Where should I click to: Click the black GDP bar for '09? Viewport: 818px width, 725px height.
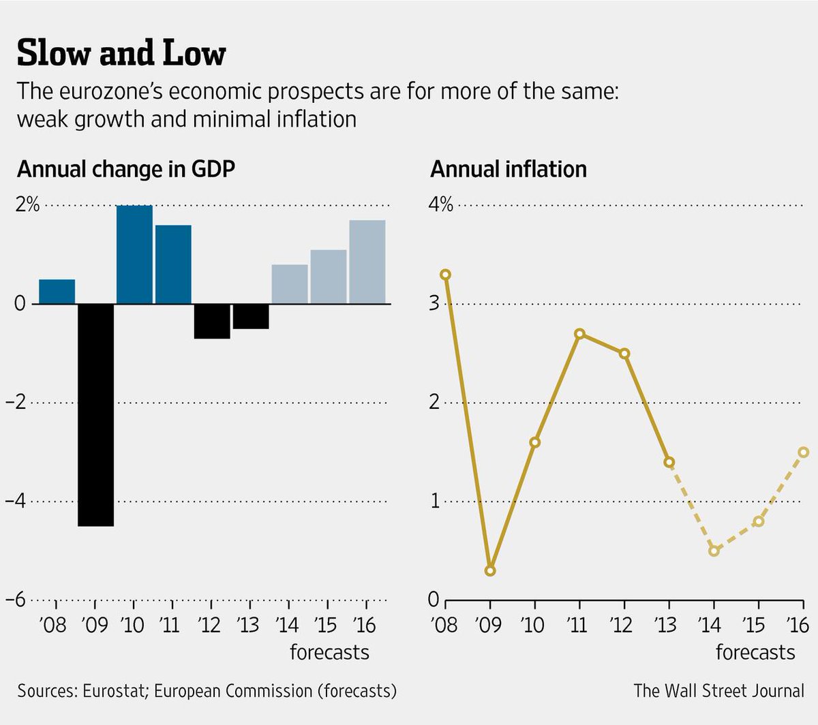tap(95, 414)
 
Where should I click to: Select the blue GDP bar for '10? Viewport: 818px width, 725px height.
tap(134, 254)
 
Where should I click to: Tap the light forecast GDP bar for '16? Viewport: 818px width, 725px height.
tap(367, 262)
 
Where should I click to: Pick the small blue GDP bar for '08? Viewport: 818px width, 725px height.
tap(57, 292)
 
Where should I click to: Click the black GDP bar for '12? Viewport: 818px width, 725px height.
tap(212, 321)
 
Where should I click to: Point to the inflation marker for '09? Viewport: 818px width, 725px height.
tap(489, 570)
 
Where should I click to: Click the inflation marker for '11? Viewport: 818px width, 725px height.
tap(579, 334)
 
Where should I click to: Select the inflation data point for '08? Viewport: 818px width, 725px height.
tap(445, 275)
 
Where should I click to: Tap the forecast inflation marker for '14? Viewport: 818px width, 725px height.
tap(714, 551)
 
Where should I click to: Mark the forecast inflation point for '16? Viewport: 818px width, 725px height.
tap(803, 452)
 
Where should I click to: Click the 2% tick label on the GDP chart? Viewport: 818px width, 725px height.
tap(28, 204)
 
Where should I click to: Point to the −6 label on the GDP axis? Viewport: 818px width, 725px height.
tap(16, 600)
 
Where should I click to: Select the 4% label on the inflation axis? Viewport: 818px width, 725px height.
tap(440, 204)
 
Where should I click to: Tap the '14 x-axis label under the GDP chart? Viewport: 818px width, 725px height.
tap(288, 623)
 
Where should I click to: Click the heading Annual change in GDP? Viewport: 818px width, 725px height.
tap(126, 169)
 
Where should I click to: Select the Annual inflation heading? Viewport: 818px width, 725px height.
tap(509, 169)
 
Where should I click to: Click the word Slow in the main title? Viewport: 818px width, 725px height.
tap(52, 53)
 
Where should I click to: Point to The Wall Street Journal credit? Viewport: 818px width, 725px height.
tap(718, 691)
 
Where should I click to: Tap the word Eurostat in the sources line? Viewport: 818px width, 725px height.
tap(114, 691)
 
